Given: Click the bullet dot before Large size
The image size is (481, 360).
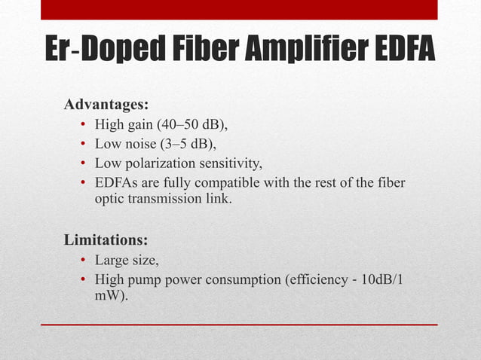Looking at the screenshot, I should point(82,261).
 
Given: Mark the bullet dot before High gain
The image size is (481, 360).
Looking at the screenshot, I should point(82,124).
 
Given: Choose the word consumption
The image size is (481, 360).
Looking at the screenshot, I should point(240,281).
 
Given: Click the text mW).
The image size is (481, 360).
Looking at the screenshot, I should point(112,297).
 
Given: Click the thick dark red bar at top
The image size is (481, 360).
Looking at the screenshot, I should point(239,10).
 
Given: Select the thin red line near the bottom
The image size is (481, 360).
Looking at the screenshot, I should point(239,325).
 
